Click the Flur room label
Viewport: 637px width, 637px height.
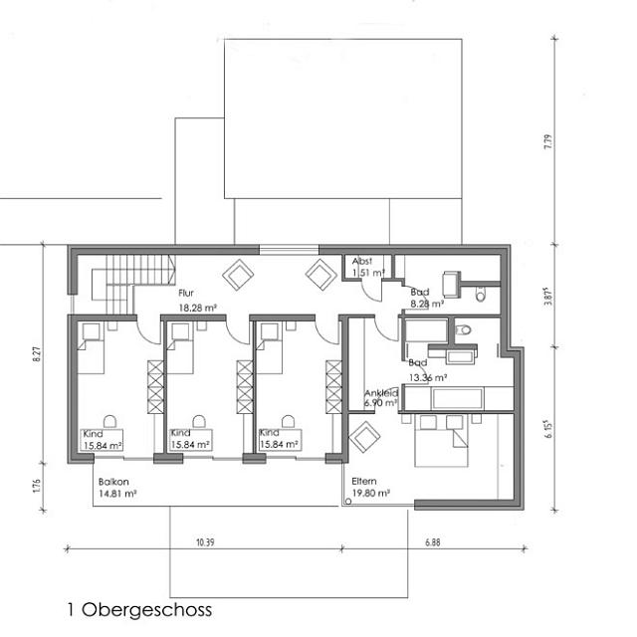tap(186, 294)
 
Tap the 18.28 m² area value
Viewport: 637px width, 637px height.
tap(197, 309)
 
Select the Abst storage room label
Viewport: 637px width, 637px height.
tap(361, 261)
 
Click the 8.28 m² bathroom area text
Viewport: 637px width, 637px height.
tap(425, 304)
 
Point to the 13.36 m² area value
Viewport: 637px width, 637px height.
tap(427, 377)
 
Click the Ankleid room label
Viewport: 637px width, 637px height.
tap(381, 393)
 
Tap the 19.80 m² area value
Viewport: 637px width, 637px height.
tap(370, 492)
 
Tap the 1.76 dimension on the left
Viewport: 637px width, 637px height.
tap(37, 485)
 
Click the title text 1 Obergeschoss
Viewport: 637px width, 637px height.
tap(139, 609)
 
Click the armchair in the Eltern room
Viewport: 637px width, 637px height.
tap(365, 437)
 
